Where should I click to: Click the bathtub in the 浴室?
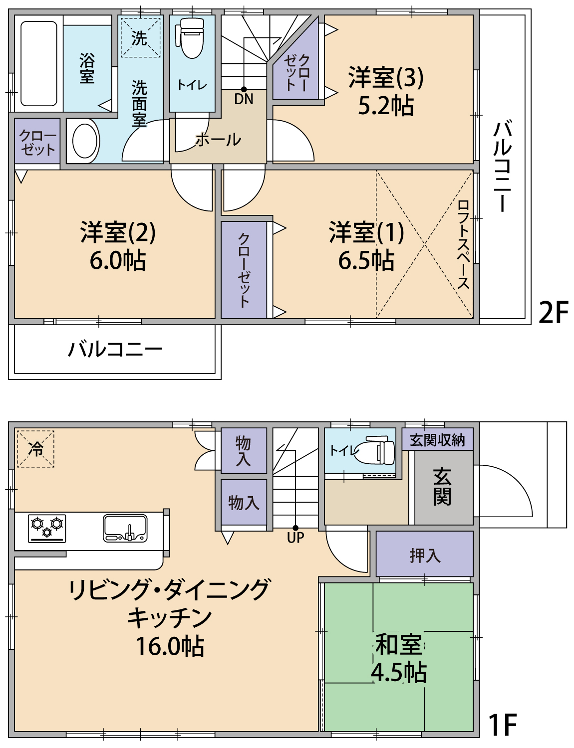point(38,64)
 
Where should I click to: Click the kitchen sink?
point(125,528)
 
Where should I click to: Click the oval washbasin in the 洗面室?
point(85,141)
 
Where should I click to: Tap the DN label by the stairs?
point(244,99)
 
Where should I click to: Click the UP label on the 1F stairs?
point(295,538)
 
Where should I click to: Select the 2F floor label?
point(553,312)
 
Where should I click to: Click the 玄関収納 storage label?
point(437,440)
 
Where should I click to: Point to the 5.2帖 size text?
point(386,105)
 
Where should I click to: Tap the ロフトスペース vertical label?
point(463,244)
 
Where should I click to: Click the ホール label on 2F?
point(218,140)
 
